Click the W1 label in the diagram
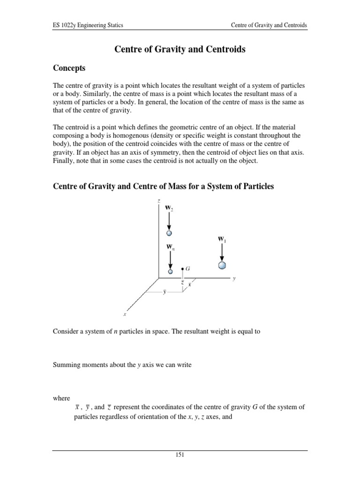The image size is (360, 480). pyautogui.click(x=222, y=239)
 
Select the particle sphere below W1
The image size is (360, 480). pyautogui.click(x=222, y=265)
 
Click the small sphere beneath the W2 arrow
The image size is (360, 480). pyautogui.click(x=170, y=232)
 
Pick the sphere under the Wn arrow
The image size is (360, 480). pyautogui.click(x=170, y=271)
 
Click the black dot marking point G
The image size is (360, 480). pyautogui.click(x=182, y=269)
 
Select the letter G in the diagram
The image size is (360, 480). pyautogui.click(x=187, y=269)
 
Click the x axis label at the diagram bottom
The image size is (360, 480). pyautogui.click(x=125, y=315)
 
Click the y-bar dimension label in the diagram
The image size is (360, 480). pyautogui.click(x=164, y=292)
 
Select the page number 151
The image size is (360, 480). pyautogui.click(x=180, y=454)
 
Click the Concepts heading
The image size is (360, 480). pyautogui.click(x=69, y=68)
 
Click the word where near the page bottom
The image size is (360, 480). pyautogui.click(x=61, y=398)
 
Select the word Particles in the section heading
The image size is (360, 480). pyautogui.click(x=257, y=187)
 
